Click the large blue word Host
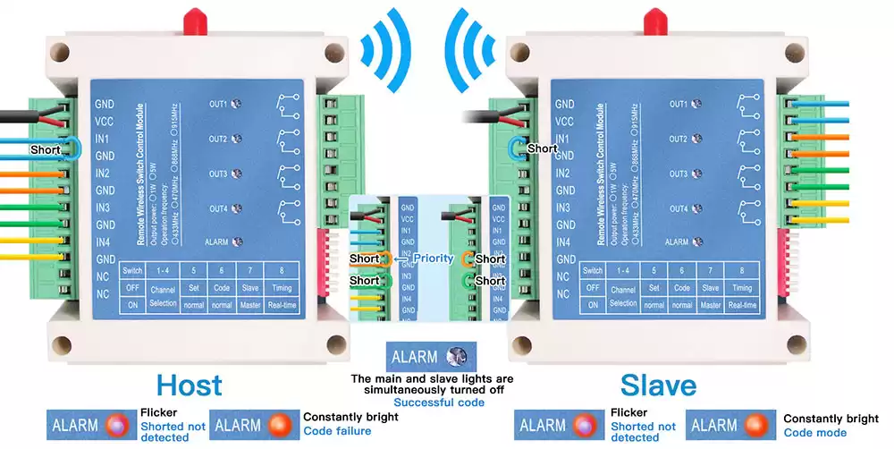tap(189, 385)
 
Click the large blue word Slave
tap(658, 385)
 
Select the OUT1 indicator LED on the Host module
tap(236, 104)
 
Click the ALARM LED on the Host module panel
tap(236, 241)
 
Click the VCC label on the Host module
tap(105, 122)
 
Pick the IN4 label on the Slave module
tap(563, 242)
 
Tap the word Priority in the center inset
tap(433, 258)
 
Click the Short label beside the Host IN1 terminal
tap(46, 149)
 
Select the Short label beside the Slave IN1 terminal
tap(542, 148)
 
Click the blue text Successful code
tap(433, 403)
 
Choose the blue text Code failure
tap(336, 431)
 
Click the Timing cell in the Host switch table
tap(283, 288)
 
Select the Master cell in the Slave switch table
tap(711, 305)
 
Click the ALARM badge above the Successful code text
tap(433, 356)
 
